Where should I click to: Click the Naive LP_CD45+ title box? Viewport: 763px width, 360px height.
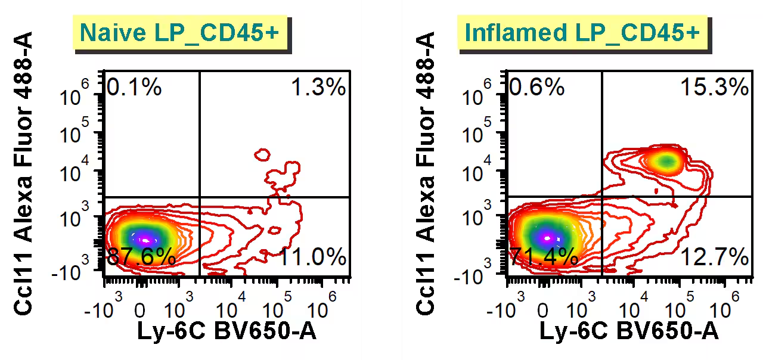point(179,32)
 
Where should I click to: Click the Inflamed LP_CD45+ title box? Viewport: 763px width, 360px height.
point(582,32)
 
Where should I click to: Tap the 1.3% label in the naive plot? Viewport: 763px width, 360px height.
point(318,88)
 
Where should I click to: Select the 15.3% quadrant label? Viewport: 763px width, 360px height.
point(714,88)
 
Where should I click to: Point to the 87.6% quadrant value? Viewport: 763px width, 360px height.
point(141,257)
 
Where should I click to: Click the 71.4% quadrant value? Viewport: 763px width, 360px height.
point(544,257)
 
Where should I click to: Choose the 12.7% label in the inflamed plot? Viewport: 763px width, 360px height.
point(715,257)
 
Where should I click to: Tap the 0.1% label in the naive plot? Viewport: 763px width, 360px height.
point(134,88)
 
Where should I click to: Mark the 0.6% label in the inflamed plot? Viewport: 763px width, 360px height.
point(537,88)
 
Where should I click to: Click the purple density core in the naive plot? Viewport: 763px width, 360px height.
point(144,240)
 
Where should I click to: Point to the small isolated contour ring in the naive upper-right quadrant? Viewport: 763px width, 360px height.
point(262,155)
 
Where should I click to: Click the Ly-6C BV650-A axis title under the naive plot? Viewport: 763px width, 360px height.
point(227,331)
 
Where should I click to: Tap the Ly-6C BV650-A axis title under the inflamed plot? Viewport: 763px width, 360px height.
point(629,331)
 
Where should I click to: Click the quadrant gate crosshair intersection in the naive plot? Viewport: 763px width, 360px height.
point(199,197)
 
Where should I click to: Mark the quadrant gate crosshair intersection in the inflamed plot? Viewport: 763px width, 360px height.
point(601,197)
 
